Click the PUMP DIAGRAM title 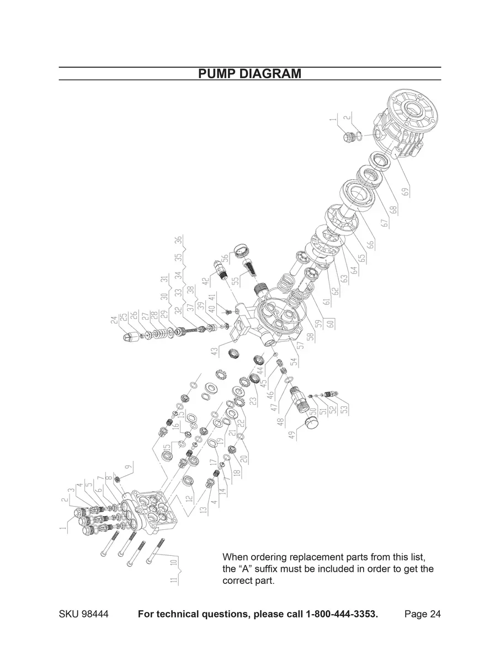click(249, 74)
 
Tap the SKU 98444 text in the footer click(82, 615)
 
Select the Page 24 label click(422, 615)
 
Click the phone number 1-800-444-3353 click(342, 615)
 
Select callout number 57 click(301, 346)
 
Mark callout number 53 click(346, 410)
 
